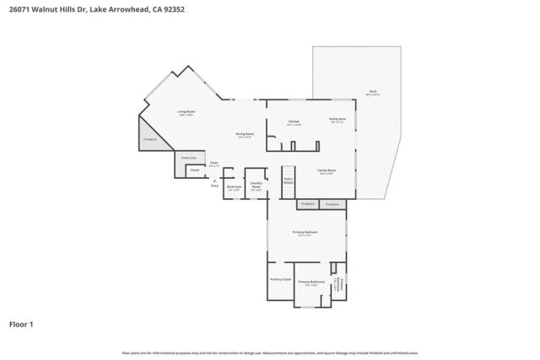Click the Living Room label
coord(186,113)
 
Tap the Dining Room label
coord(244,135)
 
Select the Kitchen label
coord(294,122)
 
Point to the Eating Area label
coord(337,120)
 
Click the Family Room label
coord(327,171)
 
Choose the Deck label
coord(372,92)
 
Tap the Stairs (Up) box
coord(189,158)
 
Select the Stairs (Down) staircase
coord(288,181)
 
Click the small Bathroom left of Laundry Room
coord(235,188)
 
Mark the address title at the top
coord(80,9)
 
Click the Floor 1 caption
coord(22,324)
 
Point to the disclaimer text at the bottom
coord(269,352)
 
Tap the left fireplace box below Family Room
coord(307,203)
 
